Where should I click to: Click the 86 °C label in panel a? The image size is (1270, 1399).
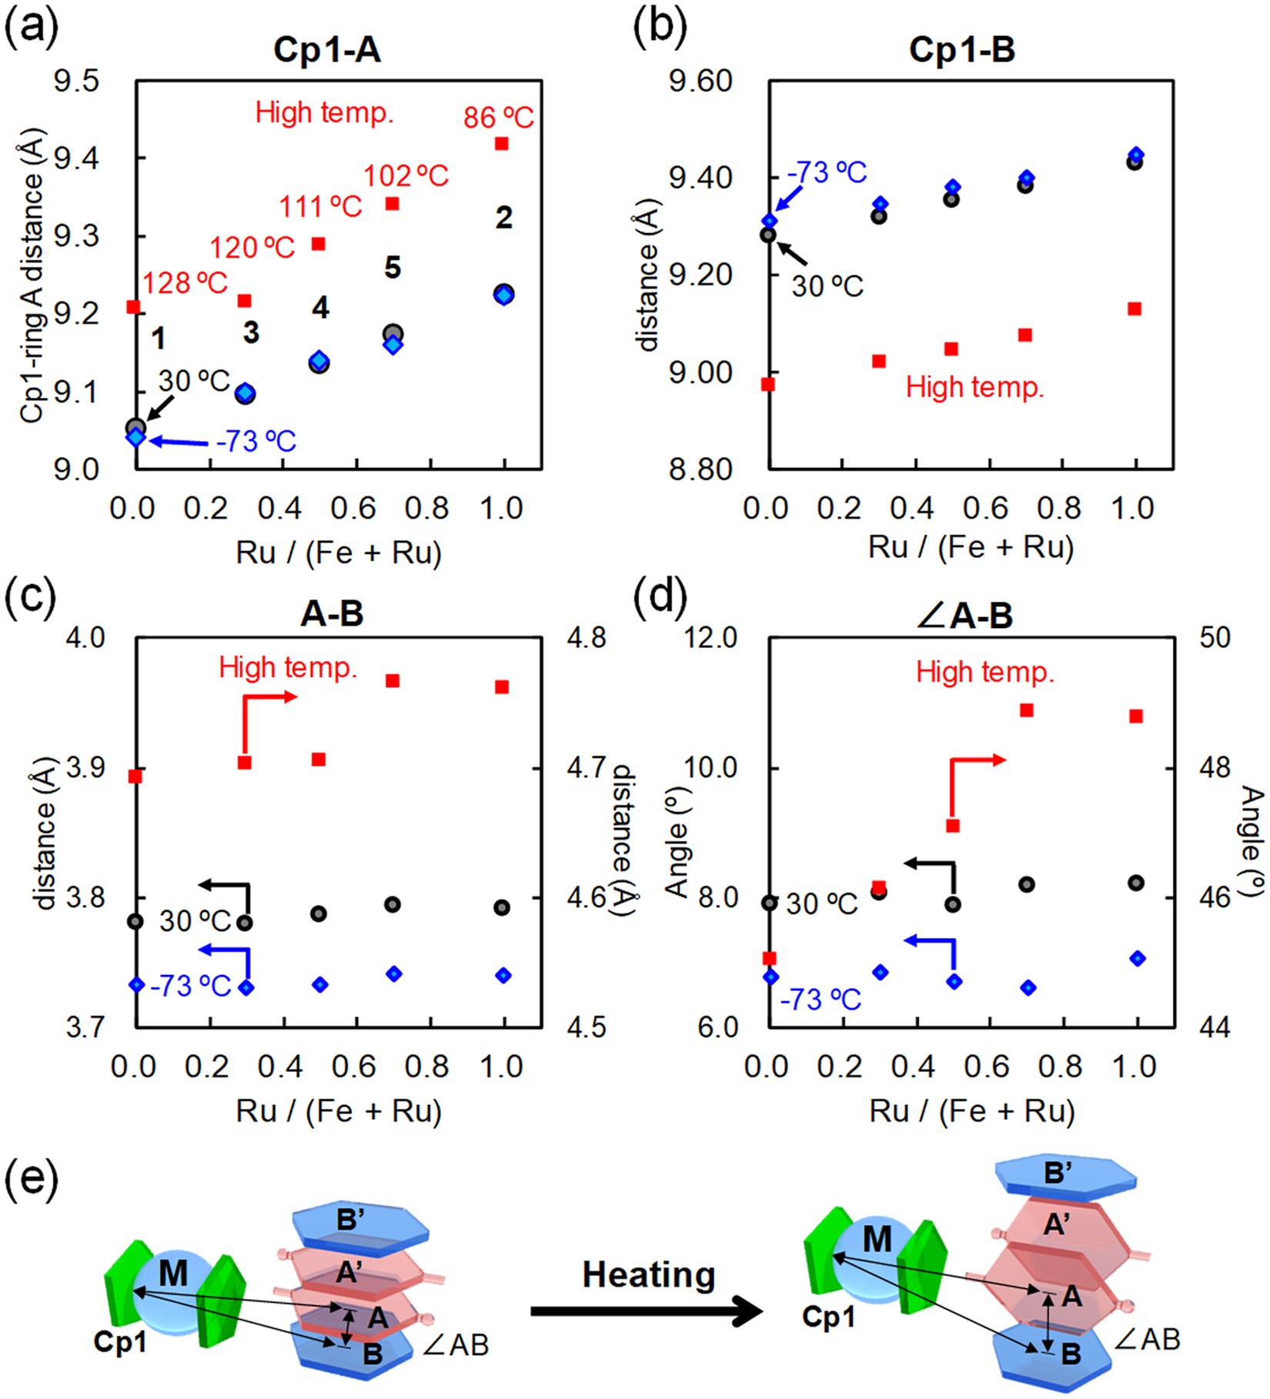tap(498, 118)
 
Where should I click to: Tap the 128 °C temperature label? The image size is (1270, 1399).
tap(185, 283)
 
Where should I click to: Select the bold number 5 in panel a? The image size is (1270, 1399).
tap(393, 268)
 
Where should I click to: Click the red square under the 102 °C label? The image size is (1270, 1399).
tap(392, 204)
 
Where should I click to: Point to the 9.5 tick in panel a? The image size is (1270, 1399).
tap(76, 81)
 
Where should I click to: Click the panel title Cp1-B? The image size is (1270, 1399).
tap(961, 50)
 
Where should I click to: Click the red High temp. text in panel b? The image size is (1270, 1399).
tap(974, 387)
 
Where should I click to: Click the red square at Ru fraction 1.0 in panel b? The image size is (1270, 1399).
tap(1134, 309)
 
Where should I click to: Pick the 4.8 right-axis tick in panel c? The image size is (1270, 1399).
tap(587, 638)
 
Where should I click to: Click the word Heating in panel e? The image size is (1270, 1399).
tap(648, 1275)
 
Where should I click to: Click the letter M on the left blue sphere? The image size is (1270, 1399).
tap(172, 1274)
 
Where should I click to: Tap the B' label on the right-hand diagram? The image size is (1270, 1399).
tap(1058, 1173)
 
